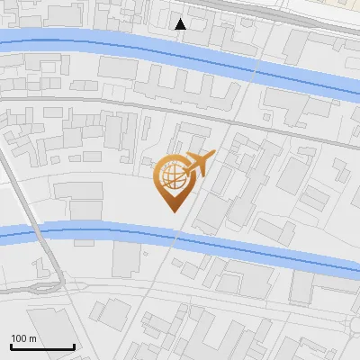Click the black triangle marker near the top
[181, 24]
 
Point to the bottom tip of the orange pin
[174, 212]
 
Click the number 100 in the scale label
[19, 338]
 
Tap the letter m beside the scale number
[32, 338]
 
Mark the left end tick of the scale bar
[12, 346]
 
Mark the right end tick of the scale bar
[74, 346]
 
